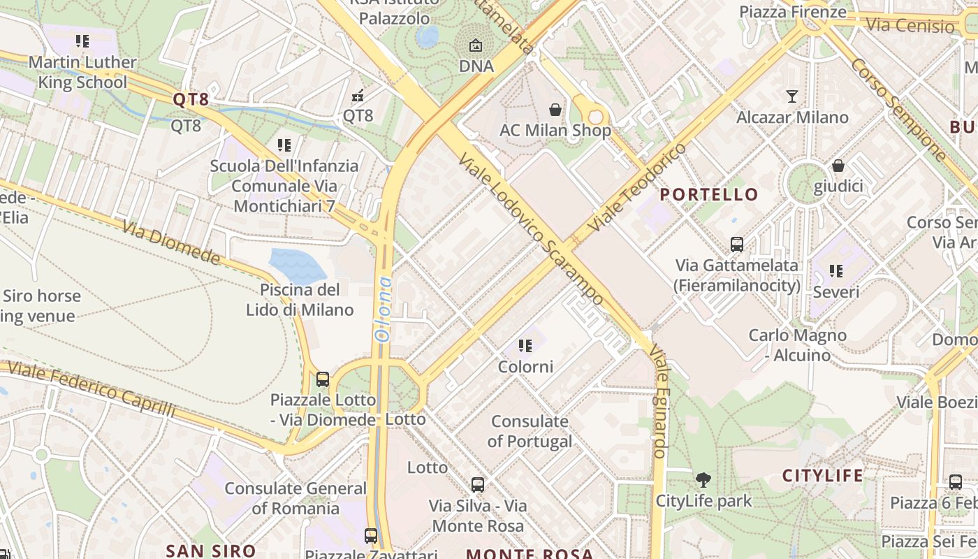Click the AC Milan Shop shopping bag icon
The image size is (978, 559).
(555, 110)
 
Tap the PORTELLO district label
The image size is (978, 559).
(709, 194)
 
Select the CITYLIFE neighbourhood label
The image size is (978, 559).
(822, 476)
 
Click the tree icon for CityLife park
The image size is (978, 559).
(703, 479)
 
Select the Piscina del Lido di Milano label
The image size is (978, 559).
(300, 300)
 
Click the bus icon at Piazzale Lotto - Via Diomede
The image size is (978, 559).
(322, 379)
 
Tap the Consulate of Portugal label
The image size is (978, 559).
(530, 431)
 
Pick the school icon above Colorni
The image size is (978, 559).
(525, 345)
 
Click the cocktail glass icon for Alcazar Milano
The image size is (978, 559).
(792, 96)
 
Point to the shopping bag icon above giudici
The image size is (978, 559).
(838, 166)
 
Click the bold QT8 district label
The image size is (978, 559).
(191, 99)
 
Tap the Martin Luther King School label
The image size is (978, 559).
(82, 72)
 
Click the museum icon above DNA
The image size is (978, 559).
(476, 45)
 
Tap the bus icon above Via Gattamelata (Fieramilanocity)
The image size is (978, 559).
(737, 244)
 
